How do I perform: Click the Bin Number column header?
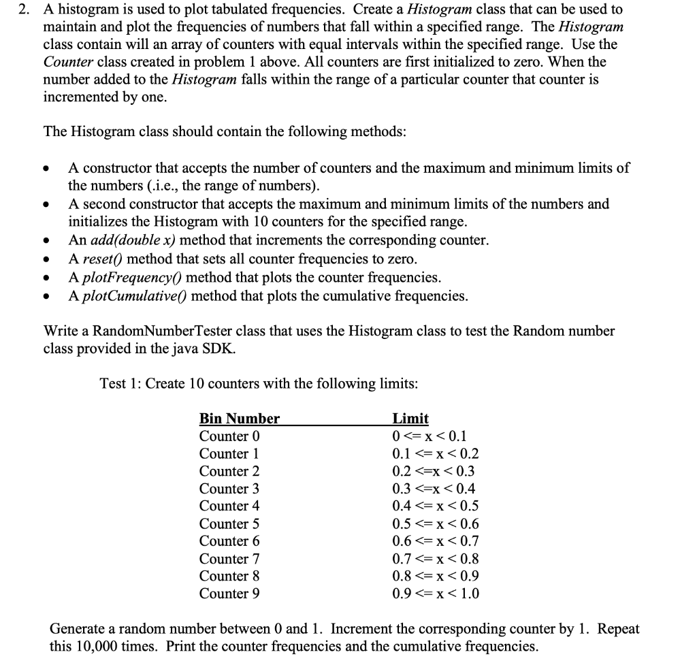coord(239,419)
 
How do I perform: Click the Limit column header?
coord(410,419)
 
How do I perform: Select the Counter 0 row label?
coord(229,436)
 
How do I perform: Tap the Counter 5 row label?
coord(229,524)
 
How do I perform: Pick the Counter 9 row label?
coord(229,594)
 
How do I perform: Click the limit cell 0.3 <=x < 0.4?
coord(434,489)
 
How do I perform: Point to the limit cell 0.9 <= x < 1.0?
coord(436,594)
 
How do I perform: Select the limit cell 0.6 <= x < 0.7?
coord(436,541)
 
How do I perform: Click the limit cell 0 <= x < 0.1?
coord(429,436)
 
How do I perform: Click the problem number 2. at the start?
coord(28,10)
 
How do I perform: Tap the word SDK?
coord(223,349)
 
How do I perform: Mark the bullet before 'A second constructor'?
coord(46,204)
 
